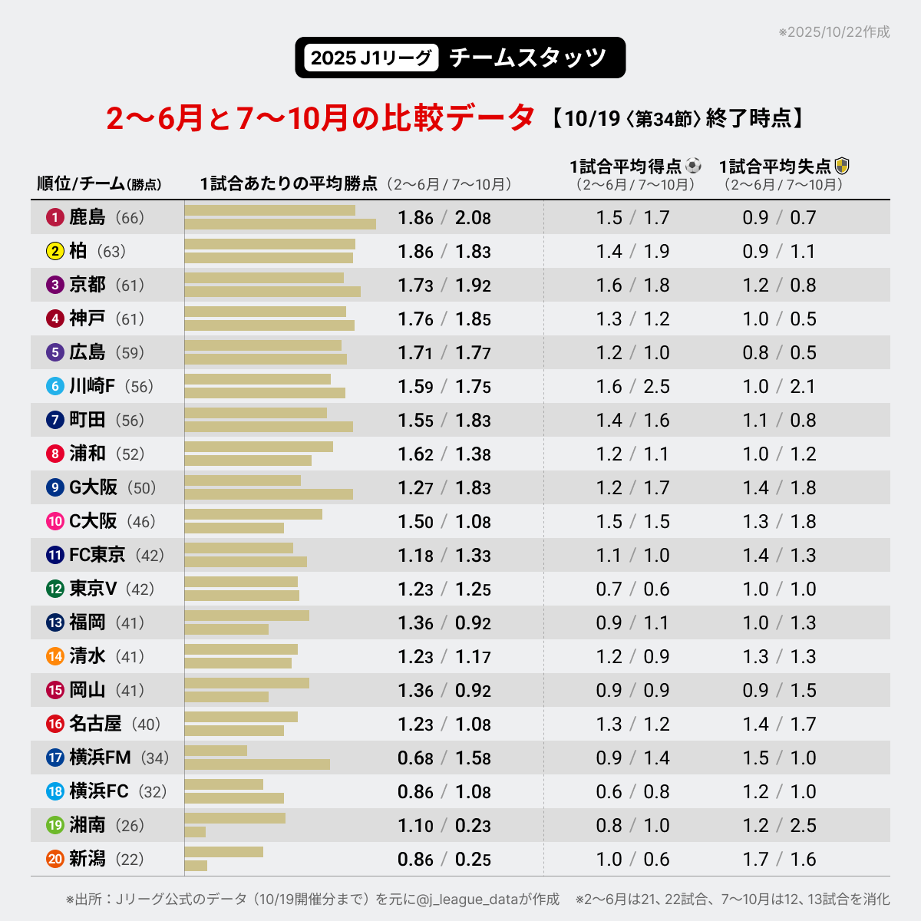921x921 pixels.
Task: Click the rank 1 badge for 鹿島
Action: coord(54,218)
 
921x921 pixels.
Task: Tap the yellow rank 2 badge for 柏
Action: coord(54,252)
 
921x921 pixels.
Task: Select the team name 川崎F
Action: coord(92,386)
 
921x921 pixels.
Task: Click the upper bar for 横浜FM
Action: coord(216,751)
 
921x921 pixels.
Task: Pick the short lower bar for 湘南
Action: coord(195,832)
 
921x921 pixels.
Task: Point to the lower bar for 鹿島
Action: coord(280,224)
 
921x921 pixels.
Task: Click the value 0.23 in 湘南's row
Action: coord(473,826)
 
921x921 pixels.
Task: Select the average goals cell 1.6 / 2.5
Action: coord(632,387)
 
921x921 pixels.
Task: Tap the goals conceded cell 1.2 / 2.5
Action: coord(779,826)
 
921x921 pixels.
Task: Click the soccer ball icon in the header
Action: coord(693,166)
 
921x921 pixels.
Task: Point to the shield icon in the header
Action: coord(842,166)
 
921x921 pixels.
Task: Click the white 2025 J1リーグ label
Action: coord(371,58)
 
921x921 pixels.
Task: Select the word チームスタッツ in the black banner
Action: coord(528,58)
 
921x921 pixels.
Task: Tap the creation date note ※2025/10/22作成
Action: coord(834,32)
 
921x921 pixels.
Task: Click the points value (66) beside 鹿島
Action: coord(130,218)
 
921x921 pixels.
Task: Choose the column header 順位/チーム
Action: coord(81,184)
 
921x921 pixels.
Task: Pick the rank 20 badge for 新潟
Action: coord(54,860)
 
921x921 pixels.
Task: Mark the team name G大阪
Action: coord(93,488)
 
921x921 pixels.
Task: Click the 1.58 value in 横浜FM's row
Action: coord(473,758)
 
